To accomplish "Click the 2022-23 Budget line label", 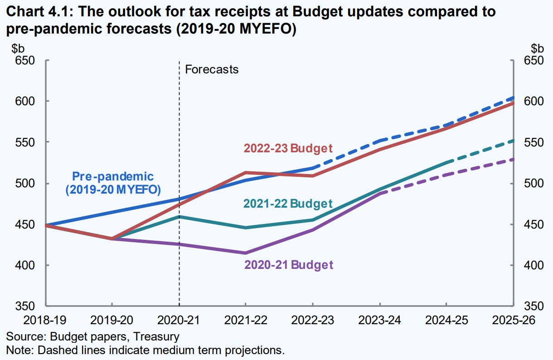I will coord(288,148).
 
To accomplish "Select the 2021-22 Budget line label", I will coord(288,204).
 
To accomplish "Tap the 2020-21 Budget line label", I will coord(289,265).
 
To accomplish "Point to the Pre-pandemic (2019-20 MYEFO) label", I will coord(113,183).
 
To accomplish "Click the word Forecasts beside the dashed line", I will coord(212,69).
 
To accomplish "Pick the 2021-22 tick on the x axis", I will coord(246,320).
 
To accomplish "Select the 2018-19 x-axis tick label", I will coord(45,320).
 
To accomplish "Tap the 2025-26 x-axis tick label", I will coord(513,320).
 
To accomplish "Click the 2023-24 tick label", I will coord(380,320).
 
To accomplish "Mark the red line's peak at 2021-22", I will coord(246,173).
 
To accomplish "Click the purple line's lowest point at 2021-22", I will coord(246,253).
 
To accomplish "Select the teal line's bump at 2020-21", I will coord(179,217).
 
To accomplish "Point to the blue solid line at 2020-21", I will coord(179,199).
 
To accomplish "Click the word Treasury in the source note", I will coord(160,337).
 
